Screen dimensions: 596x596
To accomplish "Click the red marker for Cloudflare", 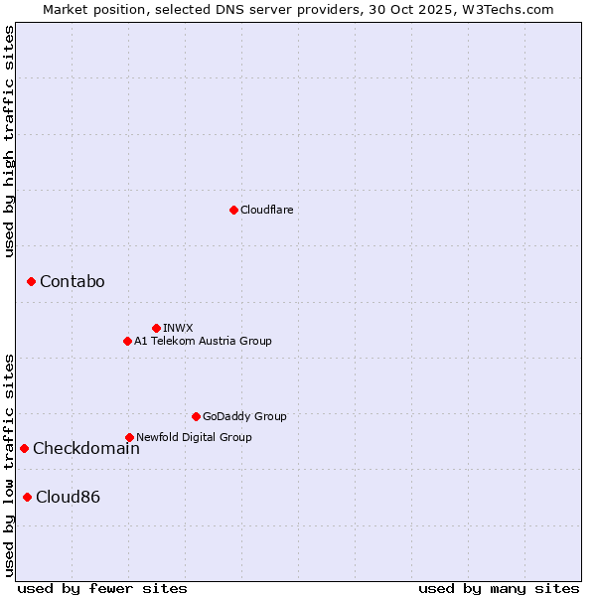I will (x=233, y=210).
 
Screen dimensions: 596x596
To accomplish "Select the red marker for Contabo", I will (x=31, y=282).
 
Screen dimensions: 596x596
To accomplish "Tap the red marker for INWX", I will (x=156, y=328).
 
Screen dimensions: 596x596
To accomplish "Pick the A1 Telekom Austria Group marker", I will (x=127, y=341).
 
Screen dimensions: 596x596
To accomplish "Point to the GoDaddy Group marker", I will (x=196, y=416).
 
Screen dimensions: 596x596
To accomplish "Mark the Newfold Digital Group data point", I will (x=129, y=437).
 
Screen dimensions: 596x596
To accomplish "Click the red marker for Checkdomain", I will (x=24, y=448).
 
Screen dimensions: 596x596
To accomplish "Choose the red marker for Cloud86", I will (x=27, y=497).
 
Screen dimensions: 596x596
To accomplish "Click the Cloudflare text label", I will (x=266, y=210).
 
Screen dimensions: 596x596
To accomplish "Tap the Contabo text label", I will (x=72, y=282).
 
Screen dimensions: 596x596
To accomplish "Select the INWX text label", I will (x=178, y=328).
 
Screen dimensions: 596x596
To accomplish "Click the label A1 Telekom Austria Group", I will (x=203, y=341).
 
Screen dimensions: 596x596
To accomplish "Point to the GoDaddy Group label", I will (x=244, y=416).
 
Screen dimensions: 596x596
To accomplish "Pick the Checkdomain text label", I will (x=85, y=448).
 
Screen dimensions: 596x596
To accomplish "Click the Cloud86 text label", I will (x=68, y=497).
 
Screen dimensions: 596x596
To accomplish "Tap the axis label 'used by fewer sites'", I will (x=102, y=588).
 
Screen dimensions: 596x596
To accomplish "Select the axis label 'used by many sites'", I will (x=499, y=588).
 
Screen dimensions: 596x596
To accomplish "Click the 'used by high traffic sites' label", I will (x=9, y=141).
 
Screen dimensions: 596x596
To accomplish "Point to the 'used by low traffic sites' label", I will (x=9, y=464).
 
